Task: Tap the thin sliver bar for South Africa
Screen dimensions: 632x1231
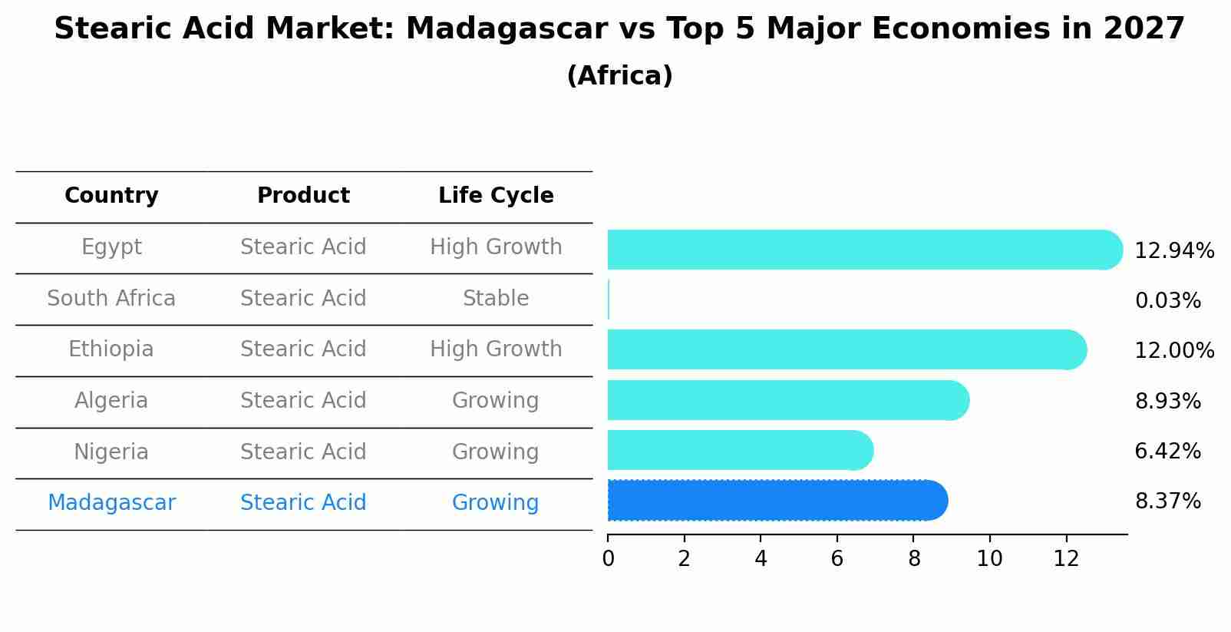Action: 609,299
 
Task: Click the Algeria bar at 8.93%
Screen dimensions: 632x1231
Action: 787,400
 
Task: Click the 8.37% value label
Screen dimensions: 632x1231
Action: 1167,501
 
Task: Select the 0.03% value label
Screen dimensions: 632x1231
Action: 1167,301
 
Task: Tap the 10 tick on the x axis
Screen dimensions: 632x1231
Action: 989,559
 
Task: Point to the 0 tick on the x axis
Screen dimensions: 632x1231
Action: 609,559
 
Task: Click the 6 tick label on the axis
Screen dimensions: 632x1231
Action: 837,559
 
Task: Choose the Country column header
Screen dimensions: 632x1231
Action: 111,196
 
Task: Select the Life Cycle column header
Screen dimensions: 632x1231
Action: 496,196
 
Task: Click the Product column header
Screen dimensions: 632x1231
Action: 303,196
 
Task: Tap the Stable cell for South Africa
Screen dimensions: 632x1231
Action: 496,299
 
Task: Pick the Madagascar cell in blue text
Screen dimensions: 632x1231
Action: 111,503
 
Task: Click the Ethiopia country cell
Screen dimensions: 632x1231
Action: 111,349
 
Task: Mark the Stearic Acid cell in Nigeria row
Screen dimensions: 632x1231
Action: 303,452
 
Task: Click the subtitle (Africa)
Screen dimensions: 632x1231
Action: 619,76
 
